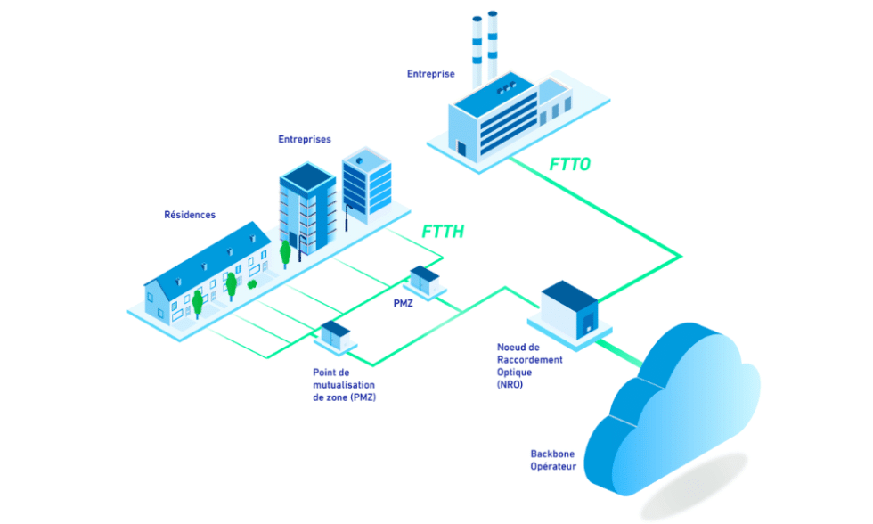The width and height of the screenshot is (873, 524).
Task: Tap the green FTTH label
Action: click(444, 233)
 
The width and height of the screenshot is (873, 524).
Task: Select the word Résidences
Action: click(190, 215)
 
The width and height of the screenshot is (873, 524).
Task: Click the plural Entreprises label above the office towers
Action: click(305, 140)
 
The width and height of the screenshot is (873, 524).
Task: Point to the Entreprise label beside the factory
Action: click(431, 74)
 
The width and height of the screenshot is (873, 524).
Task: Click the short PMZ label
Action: click(404, 304)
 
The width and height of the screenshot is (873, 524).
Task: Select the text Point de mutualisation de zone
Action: click(344, 384)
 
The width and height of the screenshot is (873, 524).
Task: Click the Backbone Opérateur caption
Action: click(553, 460)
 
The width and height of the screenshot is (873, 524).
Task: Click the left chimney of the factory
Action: click(477, 49)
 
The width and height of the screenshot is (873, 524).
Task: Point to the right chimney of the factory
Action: click(493, 45)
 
